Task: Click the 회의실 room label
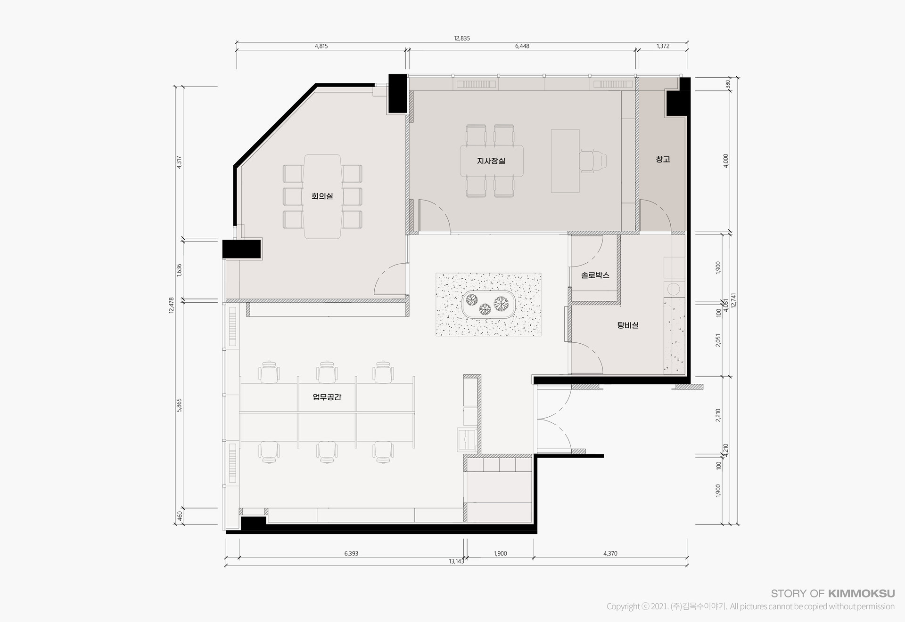pos(322,196)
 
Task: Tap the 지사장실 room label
pos(491,161)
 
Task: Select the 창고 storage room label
pos(663,159)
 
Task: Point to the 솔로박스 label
pos(595,275)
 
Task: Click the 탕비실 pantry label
pos(628,325)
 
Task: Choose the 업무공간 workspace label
pos(327,397)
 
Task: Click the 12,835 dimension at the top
pos(462,38)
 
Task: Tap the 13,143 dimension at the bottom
pos(456,561)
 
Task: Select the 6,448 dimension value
pos(522,46)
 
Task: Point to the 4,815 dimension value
pos(321,46)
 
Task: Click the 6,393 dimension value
pos(351,554)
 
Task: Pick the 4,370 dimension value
pos(610,554)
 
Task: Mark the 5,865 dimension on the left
pos(179,405)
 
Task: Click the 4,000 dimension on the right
pos(726,161)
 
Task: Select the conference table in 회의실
pos(322,196)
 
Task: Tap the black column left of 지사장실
pos(398,94)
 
